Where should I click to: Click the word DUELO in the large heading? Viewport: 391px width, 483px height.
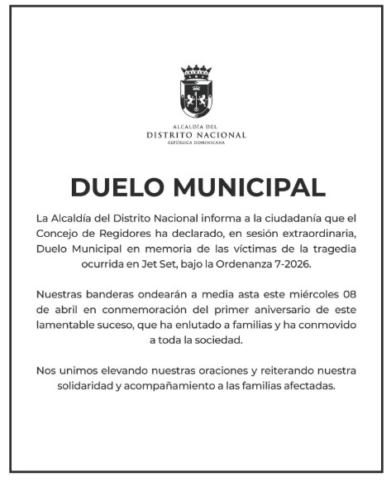[x=116, y=187]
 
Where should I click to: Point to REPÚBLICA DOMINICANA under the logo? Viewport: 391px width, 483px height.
[x=196, y=142]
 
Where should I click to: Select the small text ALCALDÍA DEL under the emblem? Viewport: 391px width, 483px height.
[x=196, y=126]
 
